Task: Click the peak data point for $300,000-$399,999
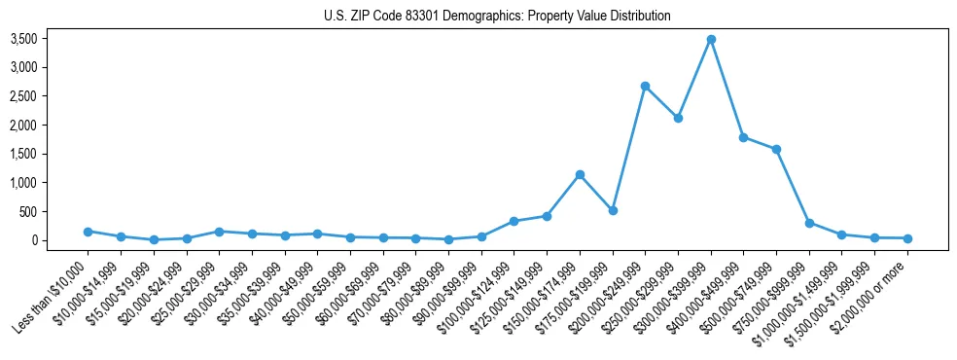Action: (x=711, y=39)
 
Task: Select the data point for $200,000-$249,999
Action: (x=646, y=86)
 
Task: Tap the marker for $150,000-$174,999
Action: (x=580, y=174)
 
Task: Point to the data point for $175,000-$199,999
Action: (x=613, y=210)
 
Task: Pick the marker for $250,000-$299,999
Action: (x=678, y=118)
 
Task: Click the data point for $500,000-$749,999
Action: (x=776, y=149)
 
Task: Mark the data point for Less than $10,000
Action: (x=88, y=232)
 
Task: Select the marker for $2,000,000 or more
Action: (x=907, y=238)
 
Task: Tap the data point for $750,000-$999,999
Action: (x=809, y=223)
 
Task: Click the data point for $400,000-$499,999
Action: (x=744, y=137)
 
